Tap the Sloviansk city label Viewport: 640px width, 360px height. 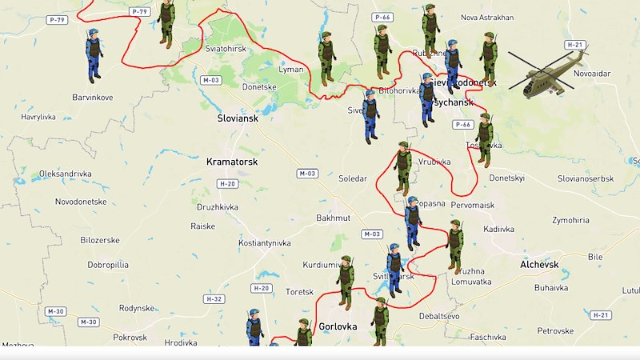point(238,118)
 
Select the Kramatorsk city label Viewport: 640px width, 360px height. point(231,161)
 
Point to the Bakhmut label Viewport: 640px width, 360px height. point(333,218)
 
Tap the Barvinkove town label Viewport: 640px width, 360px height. point(92,98)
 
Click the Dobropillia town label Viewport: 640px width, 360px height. point(108,264)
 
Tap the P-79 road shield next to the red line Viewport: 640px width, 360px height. point(139,12)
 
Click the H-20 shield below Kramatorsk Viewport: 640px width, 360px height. point(227,184)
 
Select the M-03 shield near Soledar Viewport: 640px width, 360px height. point(307,174)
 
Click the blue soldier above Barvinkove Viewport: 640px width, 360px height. point(94,54)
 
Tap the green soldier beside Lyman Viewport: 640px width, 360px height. point(326,57)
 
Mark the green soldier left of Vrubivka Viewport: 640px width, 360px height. point(402,168)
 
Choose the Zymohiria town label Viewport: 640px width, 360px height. point(570,220)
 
